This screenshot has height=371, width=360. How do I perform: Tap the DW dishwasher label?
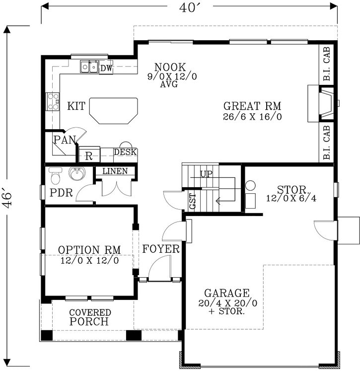(x=106, y=68)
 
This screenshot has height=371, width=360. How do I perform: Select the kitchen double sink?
(x=89, y=67)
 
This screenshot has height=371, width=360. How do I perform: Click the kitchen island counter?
(x=114, y=111)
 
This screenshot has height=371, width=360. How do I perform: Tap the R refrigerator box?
(x=88, y=155)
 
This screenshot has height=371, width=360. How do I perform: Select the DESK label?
(x=125, y=152)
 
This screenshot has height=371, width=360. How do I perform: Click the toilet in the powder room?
(x=55, y=175)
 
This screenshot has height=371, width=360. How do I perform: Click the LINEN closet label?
(x=116, y=171)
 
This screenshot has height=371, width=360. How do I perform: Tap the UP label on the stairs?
(x=206, y=174)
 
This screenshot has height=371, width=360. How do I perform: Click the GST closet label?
(x=192, y=201)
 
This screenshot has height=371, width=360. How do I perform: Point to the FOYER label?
(x=160, y=249)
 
